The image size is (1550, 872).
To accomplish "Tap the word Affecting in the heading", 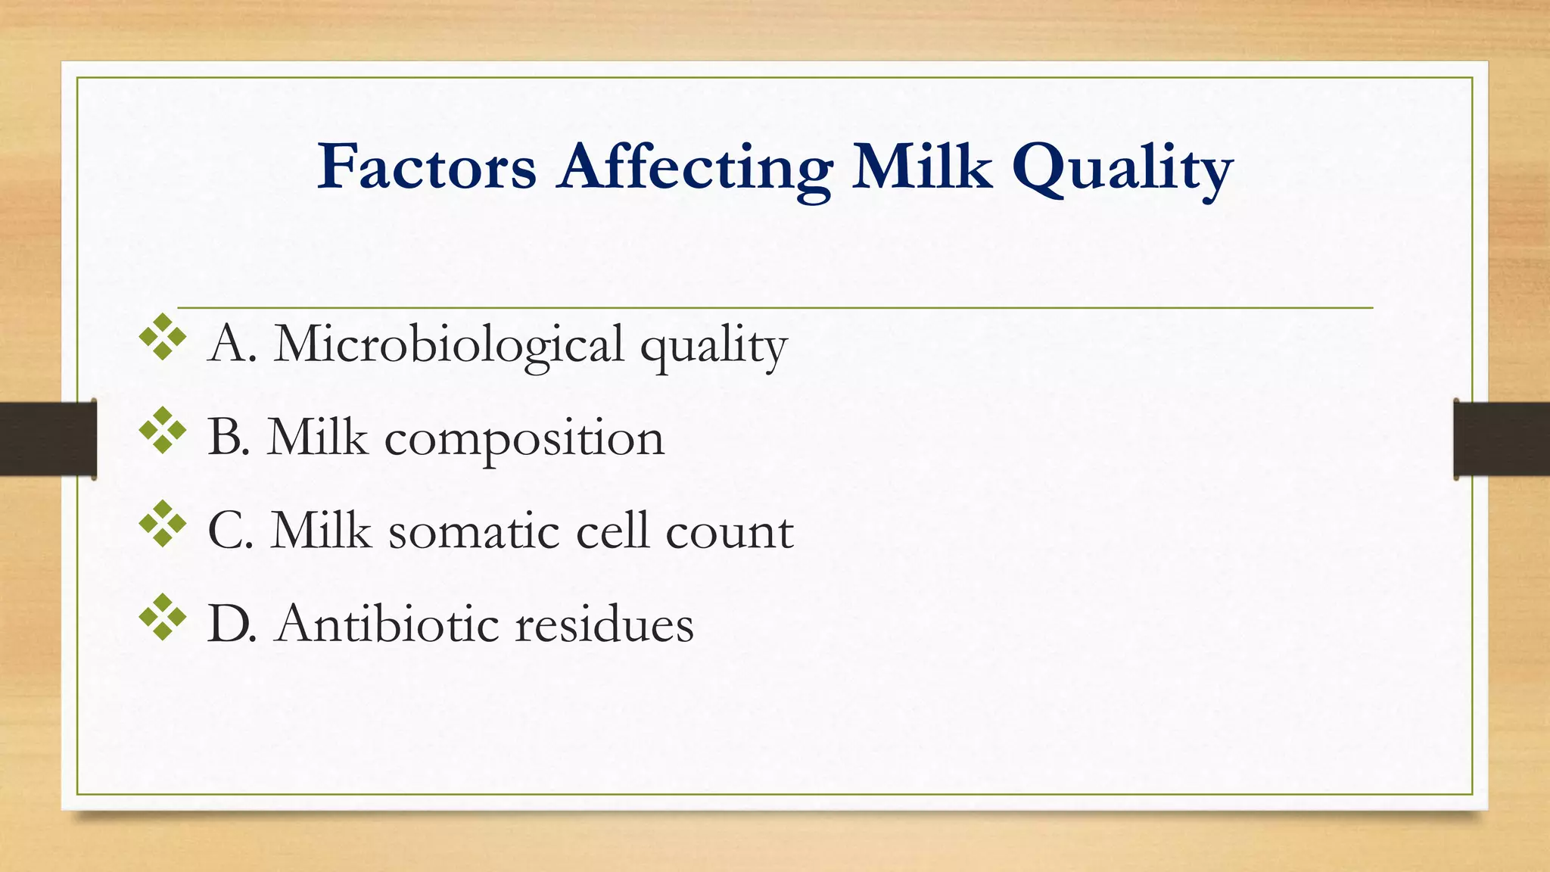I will pos(695,168).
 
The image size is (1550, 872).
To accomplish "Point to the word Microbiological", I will pos(449,345).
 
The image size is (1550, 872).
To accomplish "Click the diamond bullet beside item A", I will pos(163,337).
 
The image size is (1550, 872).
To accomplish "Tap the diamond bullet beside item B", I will pos(163,431).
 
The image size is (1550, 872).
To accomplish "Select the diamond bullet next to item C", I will pos(163,524).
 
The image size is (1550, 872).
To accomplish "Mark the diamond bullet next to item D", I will pos(163,618).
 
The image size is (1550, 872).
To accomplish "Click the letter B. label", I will pos(228,438).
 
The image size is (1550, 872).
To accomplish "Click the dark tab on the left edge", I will pos(48,439).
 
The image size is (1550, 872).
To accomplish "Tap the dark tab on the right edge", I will pos(1502,439).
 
